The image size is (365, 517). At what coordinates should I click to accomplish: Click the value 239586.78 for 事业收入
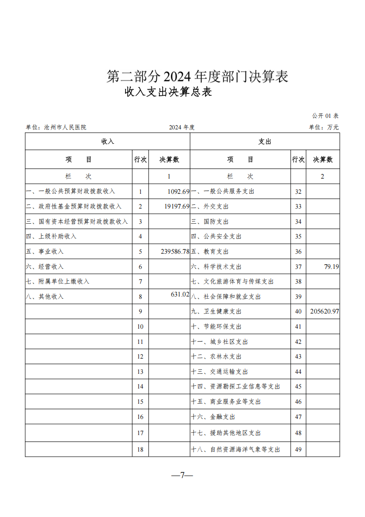pyautogui.click(x=169, y=251)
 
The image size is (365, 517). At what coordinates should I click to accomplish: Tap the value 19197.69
pyautogui.click(x=177, y=206)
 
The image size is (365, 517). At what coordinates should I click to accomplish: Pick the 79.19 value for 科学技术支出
pyautogui.click(x=331, y=267)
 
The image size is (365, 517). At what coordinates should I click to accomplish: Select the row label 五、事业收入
pyautogui.click(x=45, y=252)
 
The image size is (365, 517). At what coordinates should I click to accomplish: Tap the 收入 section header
pyautogui.click(x=108, y=142)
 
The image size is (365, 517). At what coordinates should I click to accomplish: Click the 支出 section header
pyautogui.click(x=265, y=142)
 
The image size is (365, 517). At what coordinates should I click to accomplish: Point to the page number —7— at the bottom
pyautogui.click(x=182, y=475)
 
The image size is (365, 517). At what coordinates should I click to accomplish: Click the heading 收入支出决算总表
pyautogui.click(x=168, y=92)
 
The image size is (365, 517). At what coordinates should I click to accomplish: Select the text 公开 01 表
pyautogui.click(x=325, y=116)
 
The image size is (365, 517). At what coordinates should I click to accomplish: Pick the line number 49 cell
pyautogui.click(x=298, y=449)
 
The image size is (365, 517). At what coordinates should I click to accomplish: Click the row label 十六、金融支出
pyautogui.click(x=213, y=417)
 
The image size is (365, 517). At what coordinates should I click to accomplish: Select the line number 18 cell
pyautogui.click(x=140, y=449)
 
